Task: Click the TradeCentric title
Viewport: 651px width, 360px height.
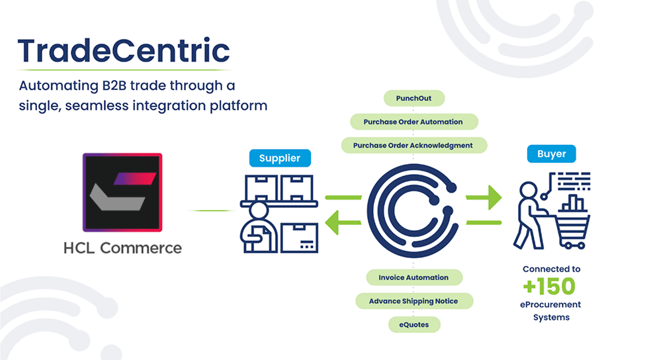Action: pos(124,51)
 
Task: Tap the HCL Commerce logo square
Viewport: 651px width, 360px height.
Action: pos(122,193)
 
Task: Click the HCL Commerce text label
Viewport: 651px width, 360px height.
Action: pos(122,248)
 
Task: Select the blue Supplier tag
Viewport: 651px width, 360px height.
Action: pos(280,157)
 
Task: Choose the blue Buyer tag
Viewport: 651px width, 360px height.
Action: pos(551,154)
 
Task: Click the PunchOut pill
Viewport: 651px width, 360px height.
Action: pos(414,99)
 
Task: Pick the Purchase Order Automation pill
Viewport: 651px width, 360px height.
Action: pos(414,122)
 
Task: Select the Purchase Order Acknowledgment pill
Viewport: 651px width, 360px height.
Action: pos(414,146)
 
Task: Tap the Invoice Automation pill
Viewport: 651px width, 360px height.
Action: pos(414,277)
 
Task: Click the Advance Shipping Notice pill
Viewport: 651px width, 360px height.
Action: pos(414,301)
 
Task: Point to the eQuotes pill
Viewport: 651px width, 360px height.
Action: pos(414,325)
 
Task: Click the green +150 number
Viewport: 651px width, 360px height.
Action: pos(549,286)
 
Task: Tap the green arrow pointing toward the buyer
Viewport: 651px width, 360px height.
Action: pos(484,197)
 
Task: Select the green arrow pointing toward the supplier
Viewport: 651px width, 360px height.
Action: pos(343,223)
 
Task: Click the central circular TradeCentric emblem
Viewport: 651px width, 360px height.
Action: pos(413,211)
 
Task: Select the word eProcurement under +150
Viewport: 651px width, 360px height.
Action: pos(550,304)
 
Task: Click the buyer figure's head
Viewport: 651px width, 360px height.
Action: pos(529,191)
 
